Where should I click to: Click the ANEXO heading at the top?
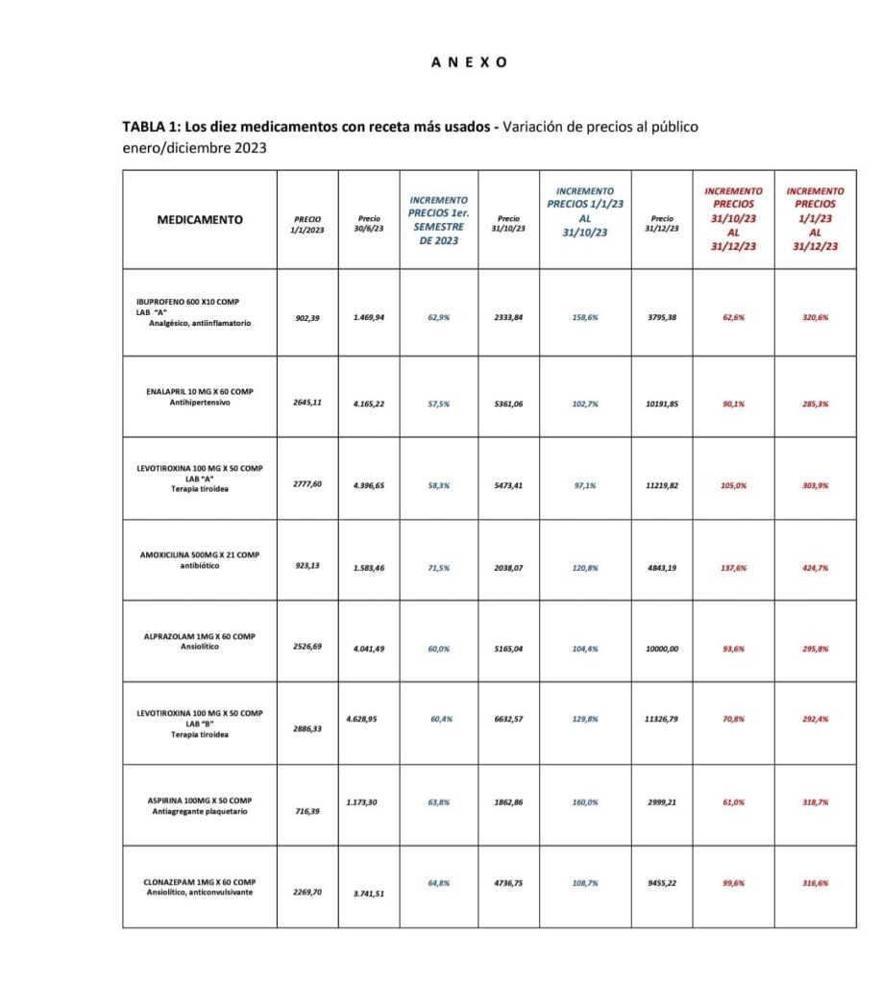click(x=468, y=62)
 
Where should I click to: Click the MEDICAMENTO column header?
click(x=200, y=220)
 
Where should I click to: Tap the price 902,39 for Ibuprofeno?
click(x=307, y=317)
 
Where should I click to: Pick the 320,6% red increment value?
click(x=815, y=317)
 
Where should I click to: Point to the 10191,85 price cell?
click(x=662, y=404)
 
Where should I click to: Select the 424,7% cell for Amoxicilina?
click(x=815, y=568)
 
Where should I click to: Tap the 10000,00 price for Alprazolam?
click(x=662, y=649)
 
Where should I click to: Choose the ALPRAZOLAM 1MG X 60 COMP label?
click(x=200, y=636)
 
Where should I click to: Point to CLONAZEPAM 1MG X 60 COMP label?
click(x=200, y=882)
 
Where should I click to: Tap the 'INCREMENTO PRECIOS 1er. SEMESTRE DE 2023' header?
click(x=438, y=220)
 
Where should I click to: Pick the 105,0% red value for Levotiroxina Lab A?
click(x=733, y=485)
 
